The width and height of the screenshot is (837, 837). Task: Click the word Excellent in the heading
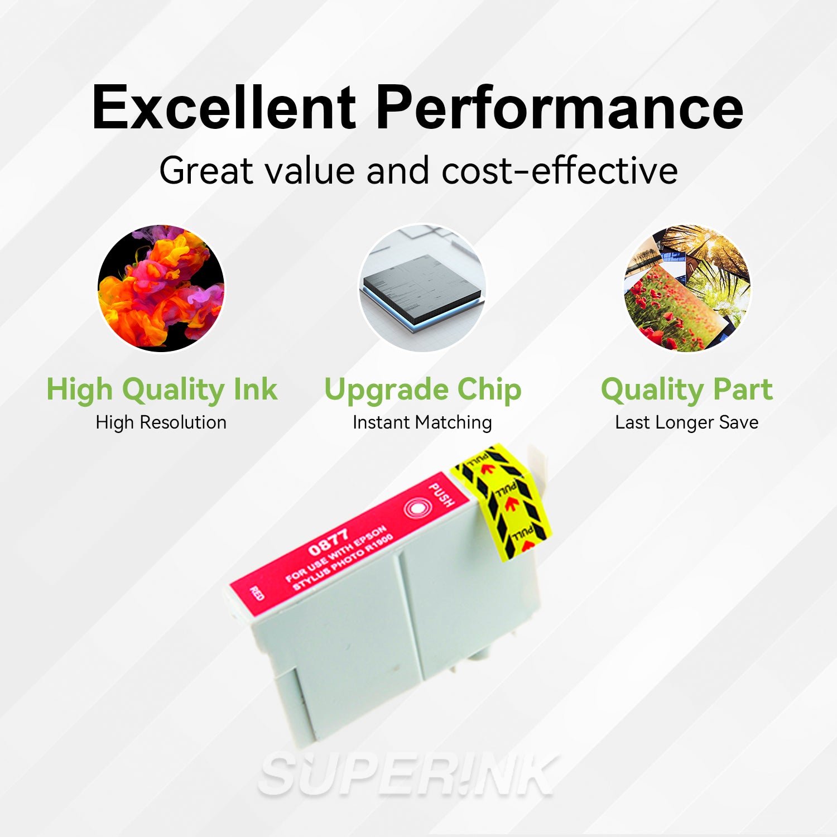coord(224,107)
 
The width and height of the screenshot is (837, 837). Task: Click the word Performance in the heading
coord(560,107)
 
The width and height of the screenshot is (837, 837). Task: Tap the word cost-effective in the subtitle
coord(560,171)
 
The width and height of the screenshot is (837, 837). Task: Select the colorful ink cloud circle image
coord(161,288)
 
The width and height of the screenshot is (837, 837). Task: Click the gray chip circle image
coord(422,288)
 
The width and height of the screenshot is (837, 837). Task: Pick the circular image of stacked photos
coord(687,288)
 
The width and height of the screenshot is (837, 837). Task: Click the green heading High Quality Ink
coord(161,389)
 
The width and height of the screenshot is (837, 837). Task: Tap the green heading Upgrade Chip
coord(422,389)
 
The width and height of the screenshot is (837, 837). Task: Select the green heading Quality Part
coord(687,389)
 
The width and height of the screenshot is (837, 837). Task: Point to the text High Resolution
coord(161,422)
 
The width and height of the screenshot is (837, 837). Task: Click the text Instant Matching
coord(422,422)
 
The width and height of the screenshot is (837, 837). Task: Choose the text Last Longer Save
coord(687,422)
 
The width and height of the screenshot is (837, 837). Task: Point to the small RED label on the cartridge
coord(257,594)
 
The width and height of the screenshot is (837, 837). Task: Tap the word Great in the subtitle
coord(206,171)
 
